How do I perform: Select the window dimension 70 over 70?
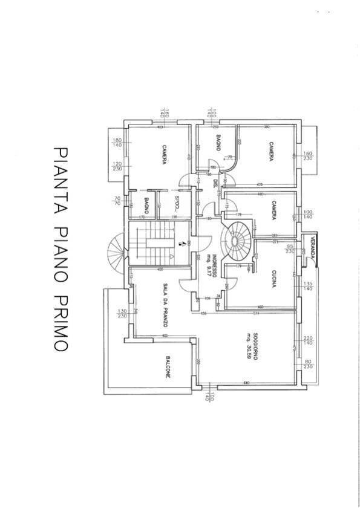tap(118, 201)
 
